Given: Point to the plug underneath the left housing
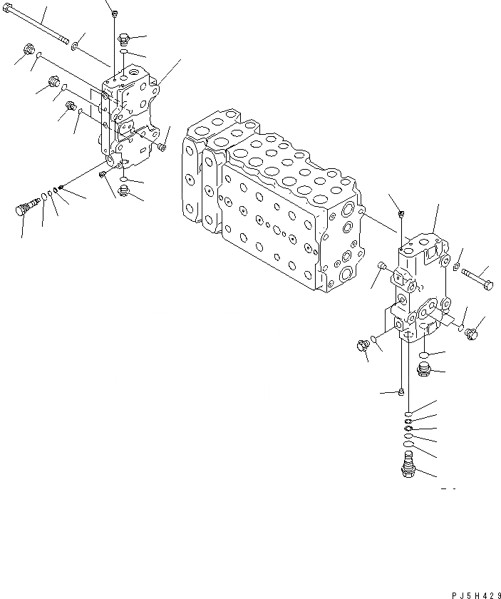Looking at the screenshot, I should click(125, 190).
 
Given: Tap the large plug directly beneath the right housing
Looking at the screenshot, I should click(423, 369).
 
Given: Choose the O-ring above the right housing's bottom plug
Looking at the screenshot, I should click(423, 354).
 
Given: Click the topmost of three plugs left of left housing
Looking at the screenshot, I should click(29, 51).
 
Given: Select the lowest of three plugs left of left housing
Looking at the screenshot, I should click(71, 107).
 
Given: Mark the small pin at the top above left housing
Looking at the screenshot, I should click(114, 12).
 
